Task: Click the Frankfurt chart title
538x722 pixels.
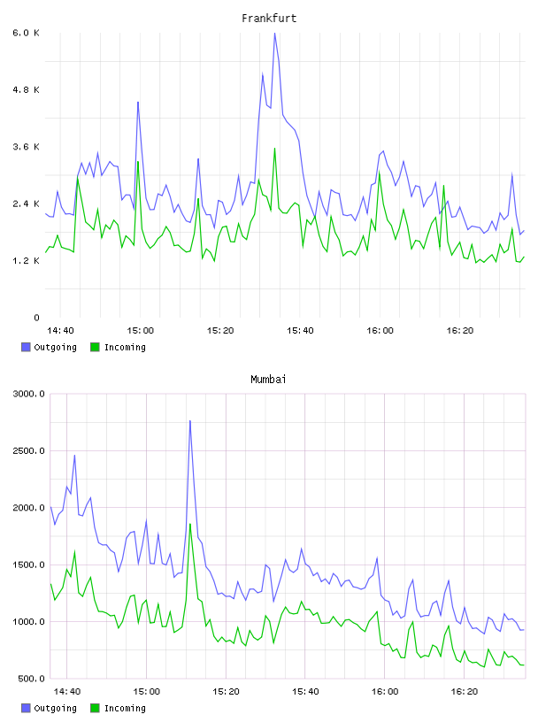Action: tap(269, 19)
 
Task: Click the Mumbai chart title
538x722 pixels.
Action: tap(268, 380)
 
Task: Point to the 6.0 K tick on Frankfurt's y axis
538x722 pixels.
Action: tap(27, 33)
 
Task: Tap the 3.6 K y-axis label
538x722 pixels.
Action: tap(27, 147)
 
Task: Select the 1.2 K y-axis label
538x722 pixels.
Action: tap(27, 261)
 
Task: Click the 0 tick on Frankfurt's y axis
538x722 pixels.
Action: tap(36, 318)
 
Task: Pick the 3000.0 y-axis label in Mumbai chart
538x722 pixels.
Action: tap(28, 394)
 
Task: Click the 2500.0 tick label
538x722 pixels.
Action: tap(28, 450)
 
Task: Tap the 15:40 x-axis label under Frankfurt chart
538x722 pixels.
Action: tap(300, 331)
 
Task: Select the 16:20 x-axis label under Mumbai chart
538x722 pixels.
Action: tap(465, 692)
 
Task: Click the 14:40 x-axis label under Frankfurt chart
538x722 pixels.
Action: tap(60, 331)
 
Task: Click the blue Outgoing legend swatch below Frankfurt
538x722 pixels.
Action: tap(26, 347)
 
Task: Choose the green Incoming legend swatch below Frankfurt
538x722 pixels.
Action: tap(95, 347)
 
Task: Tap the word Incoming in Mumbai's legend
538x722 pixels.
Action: tap(125, 708)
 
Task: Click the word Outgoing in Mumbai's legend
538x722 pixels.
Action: tap(55, 708)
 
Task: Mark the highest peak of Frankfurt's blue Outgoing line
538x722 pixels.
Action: tap(274, 33)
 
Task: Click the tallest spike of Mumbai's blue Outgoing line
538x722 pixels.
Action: tap(189, 420)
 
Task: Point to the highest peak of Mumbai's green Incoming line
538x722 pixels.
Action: tap(189, 524)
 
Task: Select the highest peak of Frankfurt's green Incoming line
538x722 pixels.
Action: tap(274, 149)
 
